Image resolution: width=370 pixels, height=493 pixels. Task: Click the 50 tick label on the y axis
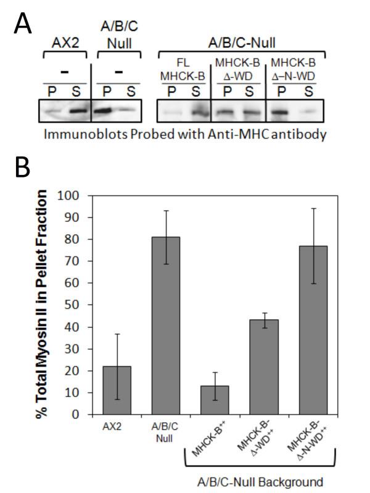pos(75,304)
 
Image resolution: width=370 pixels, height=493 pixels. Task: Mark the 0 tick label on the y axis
pos(78,414)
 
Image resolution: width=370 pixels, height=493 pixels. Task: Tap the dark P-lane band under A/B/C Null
pos(106,112)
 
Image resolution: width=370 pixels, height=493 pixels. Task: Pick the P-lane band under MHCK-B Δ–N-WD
pos(281,113)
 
